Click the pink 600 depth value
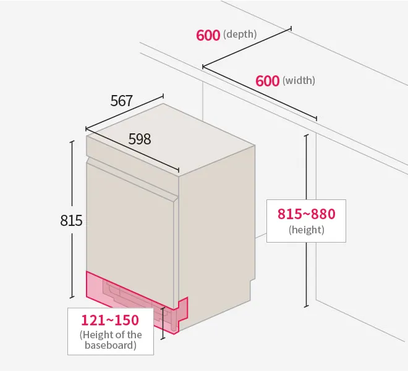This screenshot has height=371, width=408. pyautogui.click(x=208, y=35)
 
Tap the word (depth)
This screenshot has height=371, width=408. pyautogui.click(x=240, y=34)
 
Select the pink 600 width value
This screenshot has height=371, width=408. pyautogui.click(x=267, y=81)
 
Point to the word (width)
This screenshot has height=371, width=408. pyautogui.click(x=299, y=80)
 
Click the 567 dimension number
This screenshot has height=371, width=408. pyautogui.click(x=122, y=101)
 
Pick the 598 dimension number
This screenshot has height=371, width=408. pyautogui.click(x=140, y=139)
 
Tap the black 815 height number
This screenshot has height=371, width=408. pyautogui.click(x=71, y=220)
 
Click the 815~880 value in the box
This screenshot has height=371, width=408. pyautogui.click(x=306, y=214)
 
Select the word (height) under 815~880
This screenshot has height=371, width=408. pyautogui.click(x=306, y=230)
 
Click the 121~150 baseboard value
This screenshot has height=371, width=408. pyautogui.click(x=110, y=320)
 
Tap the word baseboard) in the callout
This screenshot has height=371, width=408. pyautogui.click(x=110, y=345)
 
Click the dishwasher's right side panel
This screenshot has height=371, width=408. pyautogui.click(x=216, y=234)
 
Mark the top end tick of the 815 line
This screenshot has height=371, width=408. pyautogui.click(x=72, y=141)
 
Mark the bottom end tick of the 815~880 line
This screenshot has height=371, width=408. pyautogui.click(x=307, y=306)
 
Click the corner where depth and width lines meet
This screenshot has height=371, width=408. pyautogui.click(x=203, y=67)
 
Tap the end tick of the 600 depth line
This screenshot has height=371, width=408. pyautogui.click(x=291, y=28)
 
